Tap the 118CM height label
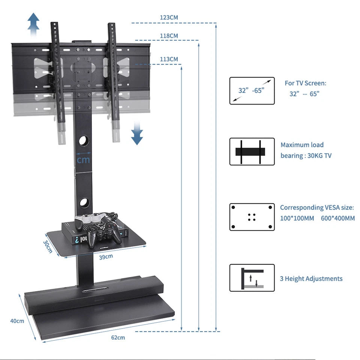click(169, 36)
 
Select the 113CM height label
click(169, 59)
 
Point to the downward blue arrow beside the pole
click(137, 133)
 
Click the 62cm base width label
click(118, 337)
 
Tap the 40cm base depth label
click(17, 321)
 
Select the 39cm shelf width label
click(106, 257)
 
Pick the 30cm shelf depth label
click(48, 246)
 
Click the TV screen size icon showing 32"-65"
click(252, 91)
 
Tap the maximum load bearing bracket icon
click(252, 151)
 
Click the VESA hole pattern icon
click(252, 217)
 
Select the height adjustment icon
click(252, 278)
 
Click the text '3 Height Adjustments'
click(311, 279)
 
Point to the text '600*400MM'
click(337, 218)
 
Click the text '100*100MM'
click(297, 218)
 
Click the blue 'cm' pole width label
click(83, 160)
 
